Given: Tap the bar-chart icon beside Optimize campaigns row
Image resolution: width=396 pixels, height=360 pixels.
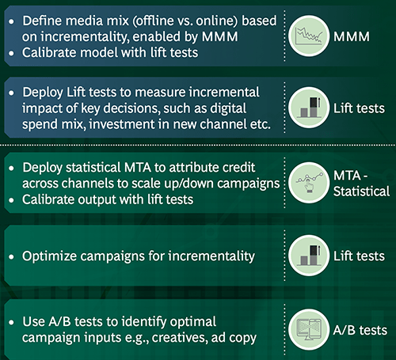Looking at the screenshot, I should (305, 255).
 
